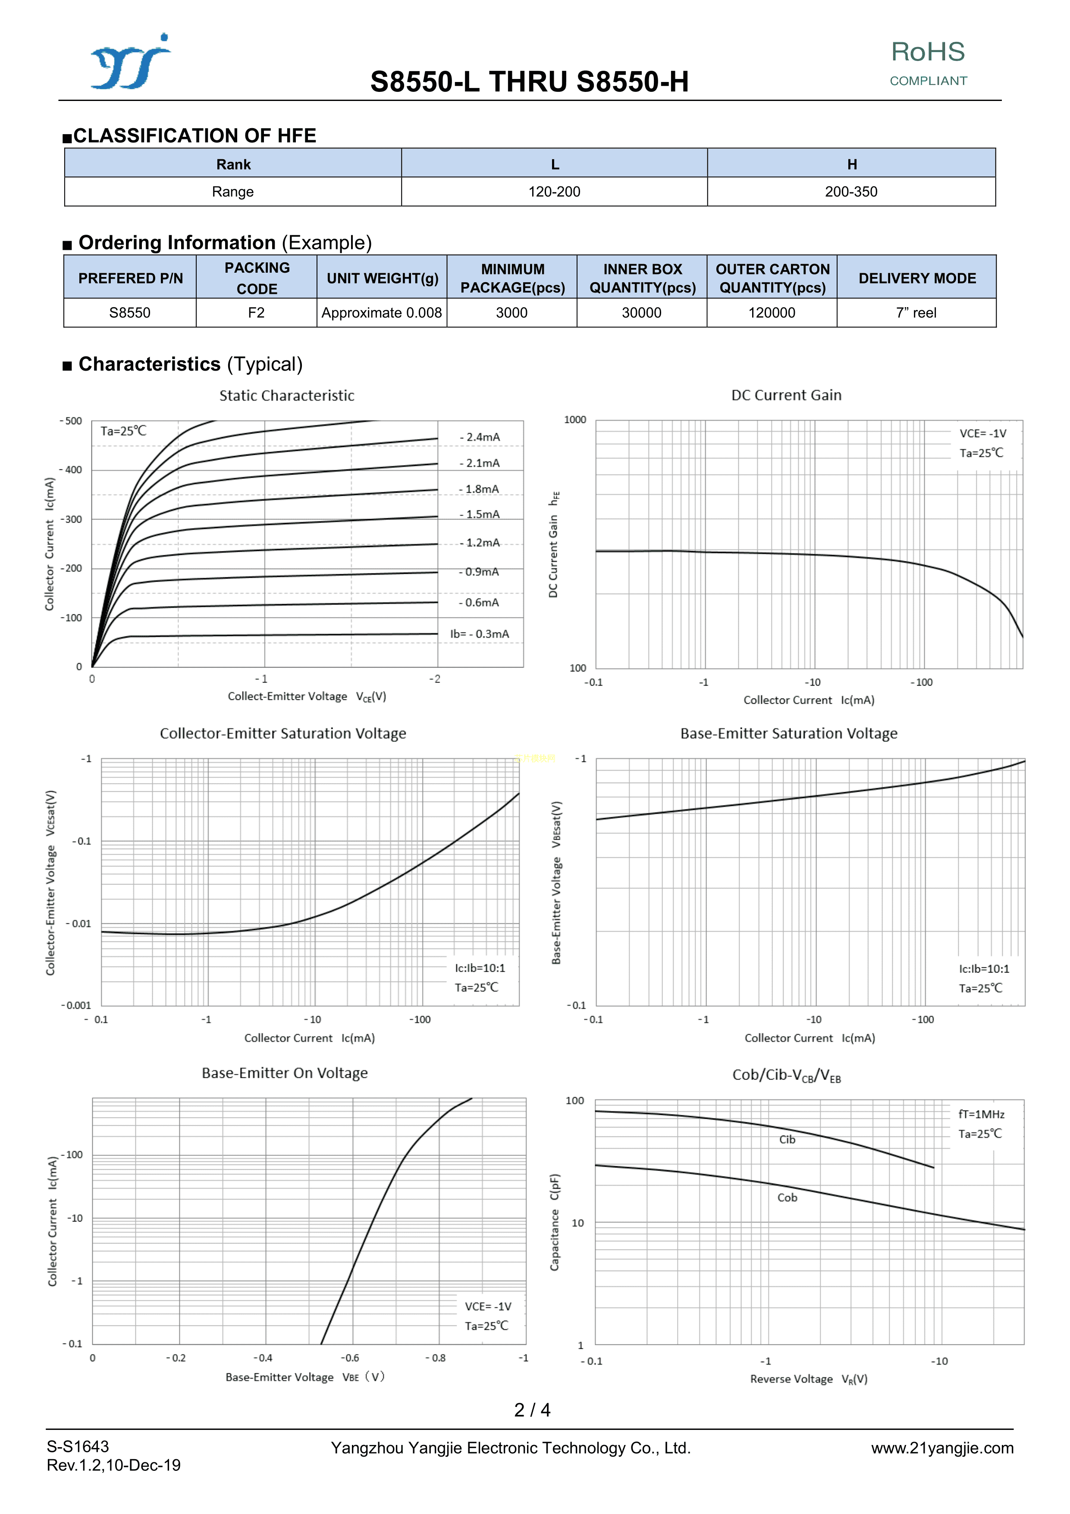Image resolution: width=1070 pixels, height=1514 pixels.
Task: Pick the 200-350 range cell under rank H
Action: point(850,192)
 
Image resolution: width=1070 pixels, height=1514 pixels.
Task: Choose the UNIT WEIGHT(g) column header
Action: point(383,278)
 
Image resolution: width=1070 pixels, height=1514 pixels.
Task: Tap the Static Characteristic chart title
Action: point(287,396)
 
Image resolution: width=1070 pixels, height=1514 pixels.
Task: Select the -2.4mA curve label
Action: point(480,437)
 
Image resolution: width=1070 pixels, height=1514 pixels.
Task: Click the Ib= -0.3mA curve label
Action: point(479,634)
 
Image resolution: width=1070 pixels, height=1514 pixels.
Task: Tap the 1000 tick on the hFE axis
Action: point(575,420)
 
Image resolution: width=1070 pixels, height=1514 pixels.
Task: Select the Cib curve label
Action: point(787,1139)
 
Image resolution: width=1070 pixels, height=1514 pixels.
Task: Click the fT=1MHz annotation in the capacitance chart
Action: point(981,1114)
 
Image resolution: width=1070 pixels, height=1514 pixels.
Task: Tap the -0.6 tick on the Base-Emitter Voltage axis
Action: point(350,1358)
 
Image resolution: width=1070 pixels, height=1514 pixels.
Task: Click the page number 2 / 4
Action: point(532,1410)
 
